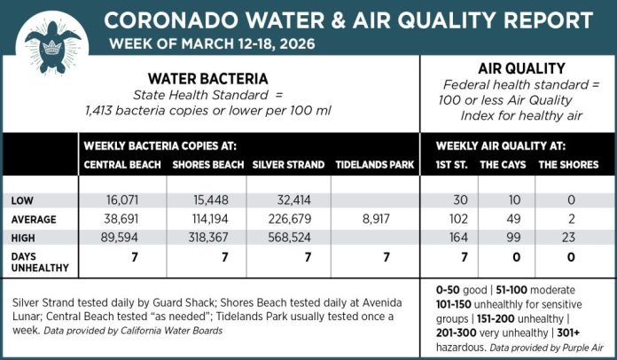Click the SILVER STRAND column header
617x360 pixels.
pyautogui.click(x=285, y=165)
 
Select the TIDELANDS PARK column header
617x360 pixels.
pyautogui.click(x=369, y=165)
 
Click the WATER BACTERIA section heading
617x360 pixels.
pyautogui.click(x=210, y=77)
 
